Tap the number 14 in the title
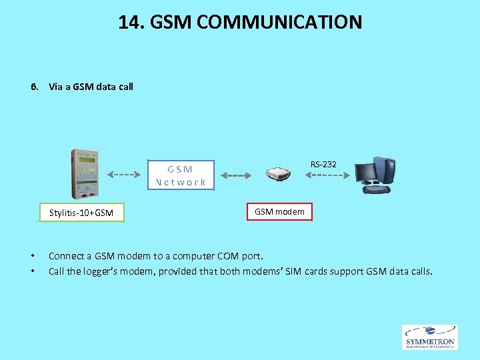[x=129, y=22]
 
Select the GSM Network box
[x=181, y=175]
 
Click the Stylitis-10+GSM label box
[x=81, y=213]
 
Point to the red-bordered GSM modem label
[x=279, y=211]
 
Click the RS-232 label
[x=323, y=164]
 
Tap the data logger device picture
[x=82, y=173]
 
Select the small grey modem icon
[x=278, y=175]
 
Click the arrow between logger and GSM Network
[x=123, y=175]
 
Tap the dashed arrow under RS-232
[x=327, y=175]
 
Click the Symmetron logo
[x=429, y=337]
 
